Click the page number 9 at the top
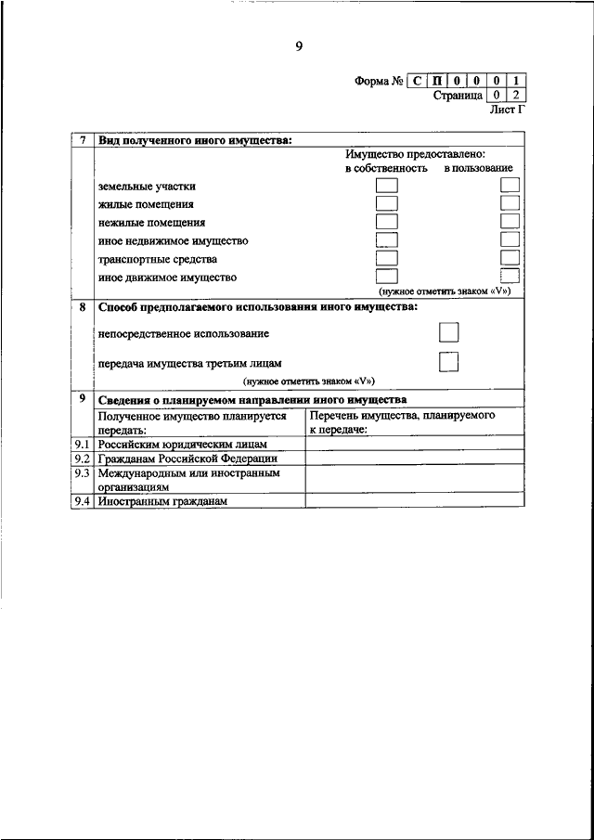(x=299, y=48)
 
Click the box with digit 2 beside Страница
(x=518, y=95)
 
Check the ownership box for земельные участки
(x=386, y=186)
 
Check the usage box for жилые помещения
(x=510, y=204)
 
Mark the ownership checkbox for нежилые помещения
(x=386, y=222)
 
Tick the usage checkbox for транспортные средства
(x=510, y=258)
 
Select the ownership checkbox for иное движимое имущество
(x=386, y=276)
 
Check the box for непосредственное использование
(x=448, y=332)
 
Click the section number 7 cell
(x=84, y=140)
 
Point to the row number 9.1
(x=83, y=445)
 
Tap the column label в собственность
(x=386, y=169)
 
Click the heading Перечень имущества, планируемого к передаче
(x=405, y=423)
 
